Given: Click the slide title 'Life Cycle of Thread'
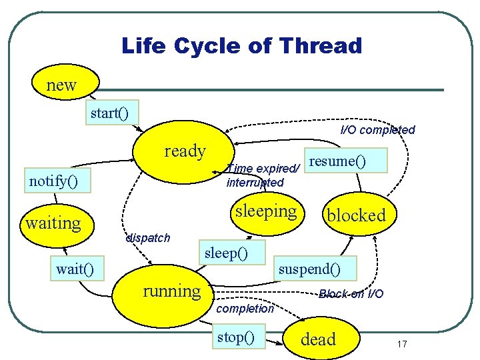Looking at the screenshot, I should coord(241,46).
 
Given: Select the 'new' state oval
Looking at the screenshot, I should coord(61,85).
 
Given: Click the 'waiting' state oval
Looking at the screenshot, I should coord(53,223).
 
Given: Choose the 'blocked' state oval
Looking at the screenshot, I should coord(355,215).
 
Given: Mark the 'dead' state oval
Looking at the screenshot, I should coord(319,339).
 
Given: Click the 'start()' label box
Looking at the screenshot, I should coord(110,113).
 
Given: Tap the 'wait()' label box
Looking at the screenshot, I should coord(75,269).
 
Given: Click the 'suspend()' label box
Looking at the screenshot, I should coord(309,269).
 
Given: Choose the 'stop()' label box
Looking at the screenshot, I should coord(236,337).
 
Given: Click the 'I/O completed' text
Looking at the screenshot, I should coord(377,130).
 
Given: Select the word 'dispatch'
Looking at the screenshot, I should coord(147,238).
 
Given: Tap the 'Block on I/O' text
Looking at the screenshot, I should coord(351,294).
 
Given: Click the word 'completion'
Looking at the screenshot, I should coord(245,309).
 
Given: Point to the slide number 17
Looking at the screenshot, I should coord(401,344).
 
